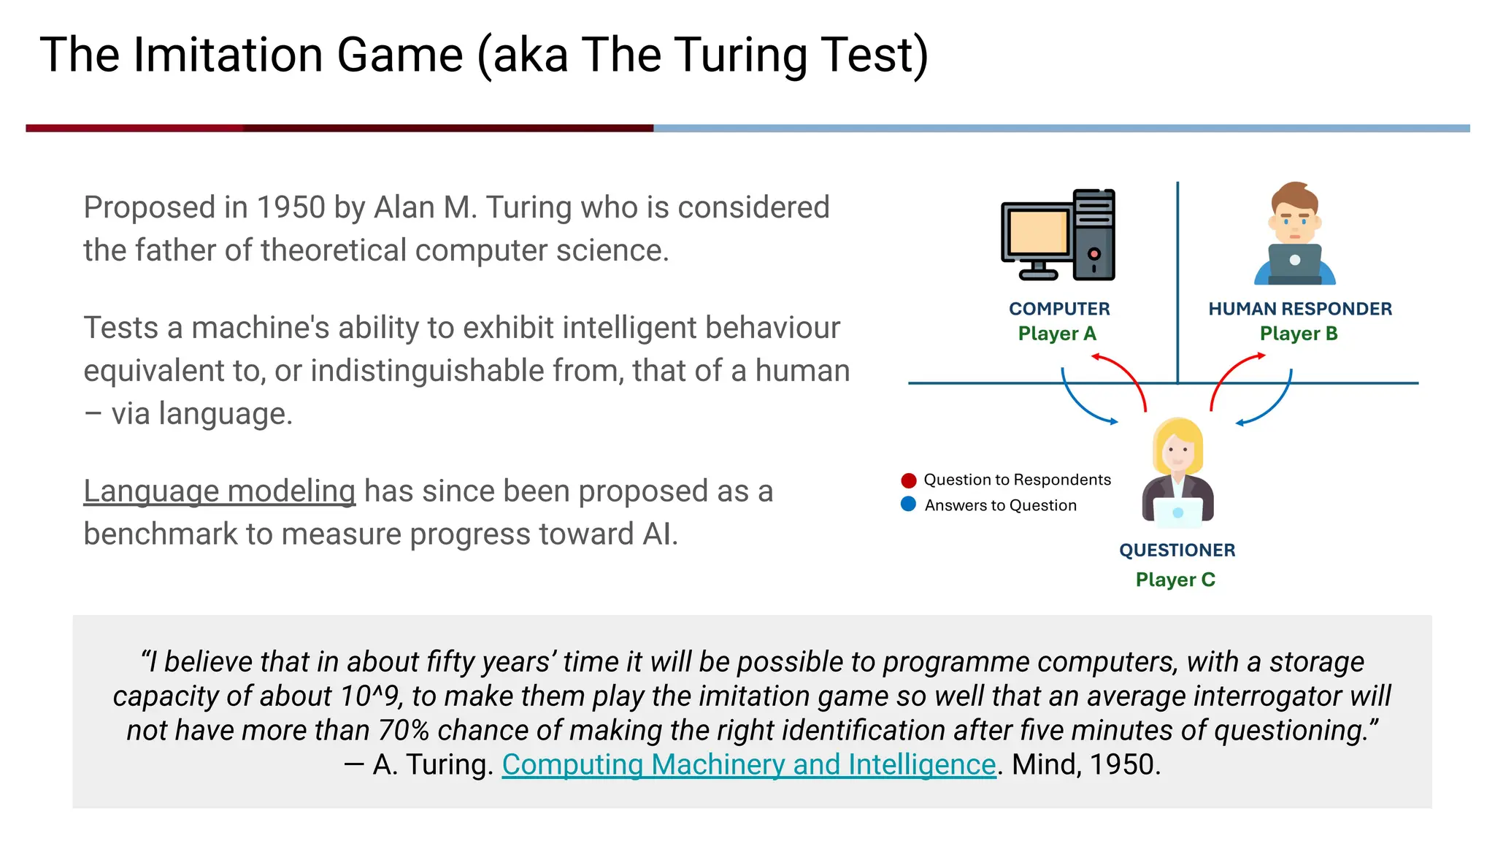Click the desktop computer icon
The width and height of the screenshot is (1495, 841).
(x=1057, y=235)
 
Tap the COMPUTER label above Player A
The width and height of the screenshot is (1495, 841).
(x=1059, y=309)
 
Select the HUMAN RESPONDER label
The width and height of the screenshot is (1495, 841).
(x=1299, y=309)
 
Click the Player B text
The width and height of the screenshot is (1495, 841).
(x=1298, y=334)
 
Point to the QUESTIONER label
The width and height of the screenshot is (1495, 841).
(x=1177, y=550)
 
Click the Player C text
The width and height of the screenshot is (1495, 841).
(x=1175, y=580)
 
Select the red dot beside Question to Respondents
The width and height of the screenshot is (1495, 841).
(x=908, y=480)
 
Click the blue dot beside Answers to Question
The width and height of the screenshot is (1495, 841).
(x=908, y=504)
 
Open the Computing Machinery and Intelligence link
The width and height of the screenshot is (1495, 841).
(x=748, y=765)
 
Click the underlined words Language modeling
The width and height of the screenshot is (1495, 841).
(x=219, y=491)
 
